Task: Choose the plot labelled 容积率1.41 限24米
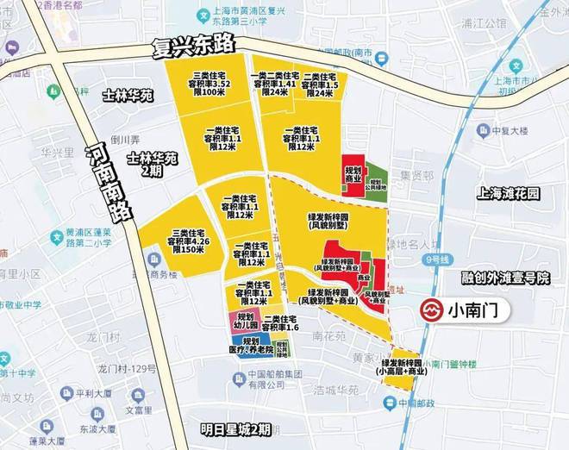(274, 84)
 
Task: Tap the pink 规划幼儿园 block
(245, 321)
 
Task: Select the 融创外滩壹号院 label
(506, 278)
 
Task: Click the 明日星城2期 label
(234, 428)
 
